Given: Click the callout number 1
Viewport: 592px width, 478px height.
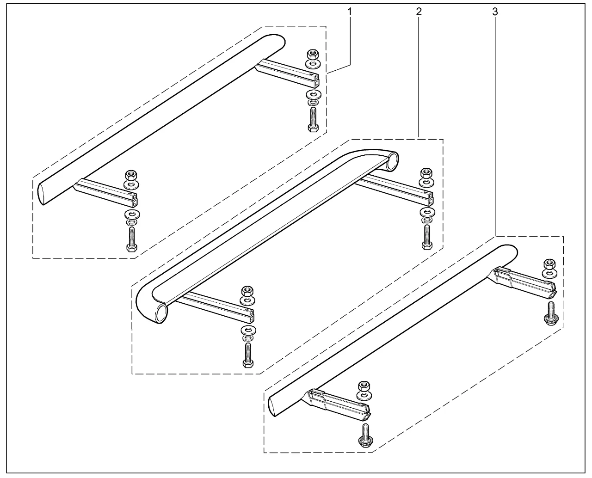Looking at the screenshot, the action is coord(350,12).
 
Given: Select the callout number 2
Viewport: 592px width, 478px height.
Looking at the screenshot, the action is coord(419,12).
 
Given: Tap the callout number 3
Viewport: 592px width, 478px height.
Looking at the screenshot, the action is coord(495,12).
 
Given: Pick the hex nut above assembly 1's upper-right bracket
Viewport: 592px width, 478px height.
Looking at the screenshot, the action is coord(313,54).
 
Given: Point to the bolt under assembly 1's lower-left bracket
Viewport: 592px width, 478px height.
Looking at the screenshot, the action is coord(131,239).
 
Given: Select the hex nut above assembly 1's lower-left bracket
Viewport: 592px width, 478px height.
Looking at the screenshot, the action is coord(131,175).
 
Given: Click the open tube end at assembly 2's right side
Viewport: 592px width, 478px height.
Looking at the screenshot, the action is coord(391,161).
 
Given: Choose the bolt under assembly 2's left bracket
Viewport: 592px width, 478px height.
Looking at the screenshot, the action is coord(247,355).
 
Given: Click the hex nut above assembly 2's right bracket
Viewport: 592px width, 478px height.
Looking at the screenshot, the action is coord(426,173).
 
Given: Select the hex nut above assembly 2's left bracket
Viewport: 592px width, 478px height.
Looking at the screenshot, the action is coord(247,291).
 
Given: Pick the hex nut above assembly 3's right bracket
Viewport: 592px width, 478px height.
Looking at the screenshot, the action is coord(549,264).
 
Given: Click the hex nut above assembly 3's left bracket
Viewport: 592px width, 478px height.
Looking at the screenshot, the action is coord(364,386).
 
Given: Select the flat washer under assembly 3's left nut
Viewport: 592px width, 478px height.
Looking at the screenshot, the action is coord(364,396).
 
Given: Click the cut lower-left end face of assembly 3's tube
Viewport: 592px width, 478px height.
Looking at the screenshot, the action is coord(272,407).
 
